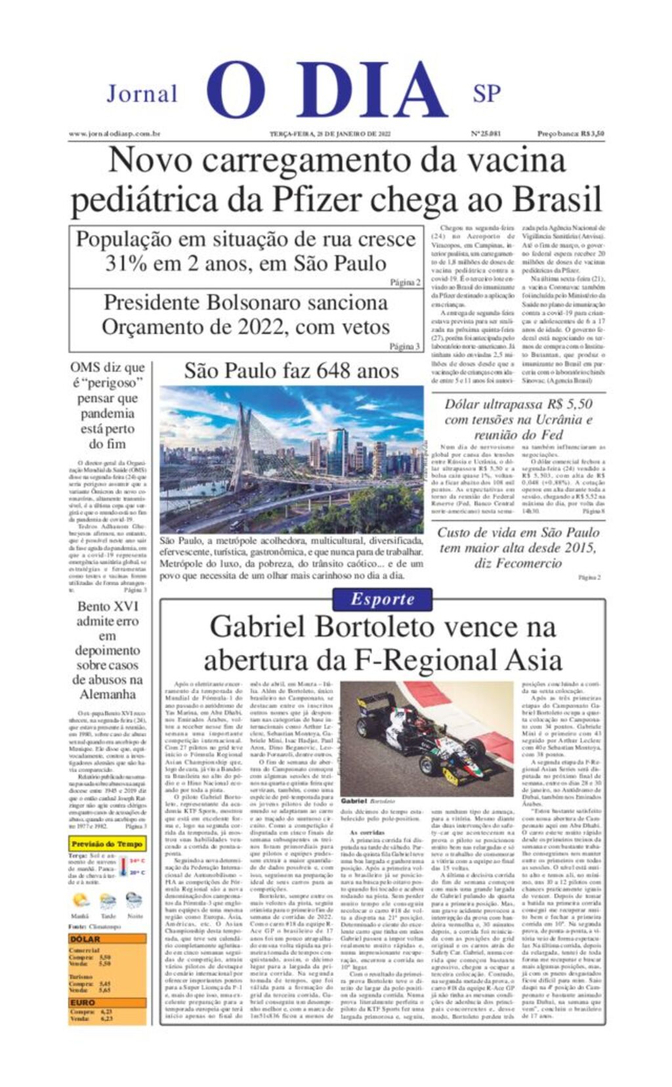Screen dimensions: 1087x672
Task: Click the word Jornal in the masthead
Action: coord(142,94)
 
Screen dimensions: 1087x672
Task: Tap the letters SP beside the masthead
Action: coord(486,94)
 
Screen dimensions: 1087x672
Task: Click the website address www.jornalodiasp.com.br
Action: coord(114,134)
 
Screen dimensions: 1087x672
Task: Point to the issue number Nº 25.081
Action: coord(486,134)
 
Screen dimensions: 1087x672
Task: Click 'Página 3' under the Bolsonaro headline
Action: coord(404,347)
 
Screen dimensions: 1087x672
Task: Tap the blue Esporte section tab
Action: coord(383,599)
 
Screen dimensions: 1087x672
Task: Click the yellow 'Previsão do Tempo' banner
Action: coord(107,843)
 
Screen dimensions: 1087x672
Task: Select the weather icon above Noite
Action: coord(134,900)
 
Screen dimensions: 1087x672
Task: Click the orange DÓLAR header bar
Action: coord(108,939)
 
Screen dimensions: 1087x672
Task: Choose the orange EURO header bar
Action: coord(108,1002)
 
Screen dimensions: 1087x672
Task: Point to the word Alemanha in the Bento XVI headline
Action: coord(108,694)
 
